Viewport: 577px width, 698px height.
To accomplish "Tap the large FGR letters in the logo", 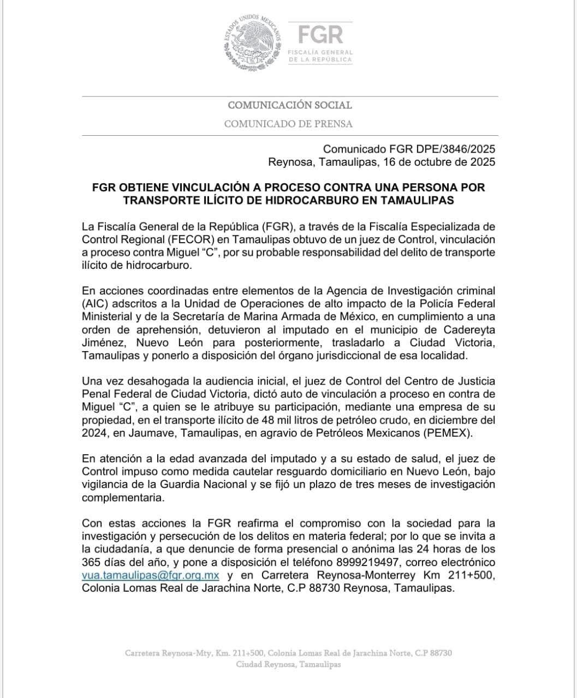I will pyautogui.click(x=320, y=34).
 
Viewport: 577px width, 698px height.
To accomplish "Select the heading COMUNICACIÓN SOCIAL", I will pyautogui.click(x=289, y=105).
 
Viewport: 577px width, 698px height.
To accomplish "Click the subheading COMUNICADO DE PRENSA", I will pyautogui.click(x=288, y=124).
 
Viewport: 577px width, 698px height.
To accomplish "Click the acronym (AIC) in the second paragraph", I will pyautogui.click(x=95, y=304).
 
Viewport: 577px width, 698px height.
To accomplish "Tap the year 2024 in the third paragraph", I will pyautogui.click(x=94, y=433).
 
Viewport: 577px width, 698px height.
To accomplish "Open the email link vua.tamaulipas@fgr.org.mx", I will pyautogui.click(x=151, y=575).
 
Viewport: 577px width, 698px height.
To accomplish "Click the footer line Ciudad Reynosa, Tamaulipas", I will pyautogui.click(x=288, y=665).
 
